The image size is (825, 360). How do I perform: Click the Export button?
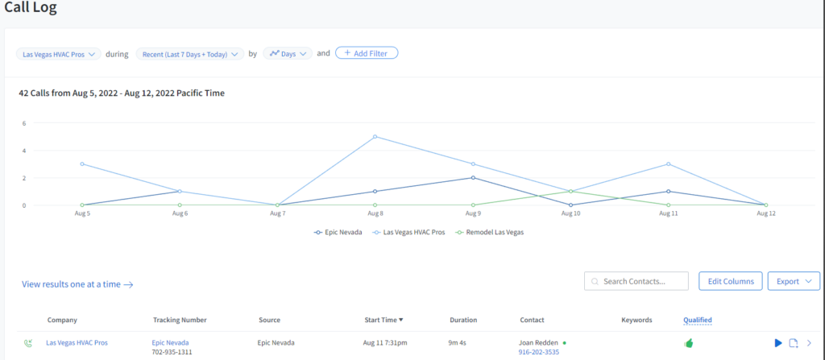(x=794, y=281)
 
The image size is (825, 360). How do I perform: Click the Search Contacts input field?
(x=636, y=281)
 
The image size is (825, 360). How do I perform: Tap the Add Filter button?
(x=367, y=53)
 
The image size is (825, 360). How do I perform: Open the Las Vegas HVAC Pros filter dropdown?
(x=59, y=54)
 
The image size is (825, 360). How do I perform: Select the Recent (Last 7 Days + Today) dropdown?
(x=190, y=54)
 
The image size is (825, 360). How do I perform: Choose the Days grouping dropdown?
(x=288, y=54)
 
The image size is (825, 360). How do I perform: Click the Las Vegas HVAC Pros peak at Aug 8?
(x=375, y=137)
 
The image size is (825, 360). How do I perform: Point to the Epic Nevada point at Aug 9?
(x=473, y=177)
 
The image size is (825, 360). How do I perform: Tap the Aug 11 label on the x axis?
(x=668, y=213)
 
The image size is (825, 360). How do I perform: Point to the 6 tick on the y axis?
(x=24, y=123)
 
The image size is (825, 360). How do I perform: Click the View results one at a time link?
(x=77, y=284)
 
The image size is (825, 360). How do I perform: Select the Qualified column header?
(x=697, y=320)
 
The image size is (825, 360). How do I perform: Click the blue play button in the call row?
(x=778, y=343)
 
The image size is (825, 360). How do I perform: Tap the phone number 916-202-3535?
(x=540, y=352)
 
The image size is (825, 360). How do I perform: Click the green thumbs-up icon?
(x=689, y=343)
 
